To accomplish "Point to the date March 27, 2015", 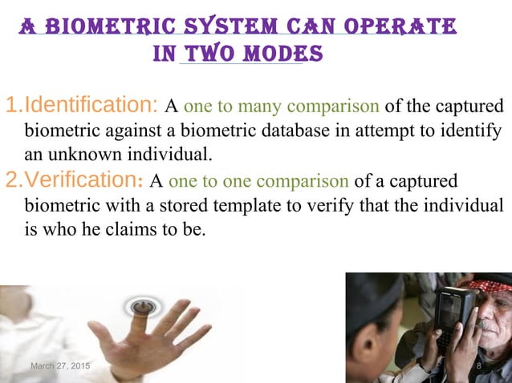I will [x=60, y=366].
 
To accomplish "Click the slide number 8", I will [x=478, y=366].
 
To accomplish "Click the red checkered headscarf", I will [x=490, y=285].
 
